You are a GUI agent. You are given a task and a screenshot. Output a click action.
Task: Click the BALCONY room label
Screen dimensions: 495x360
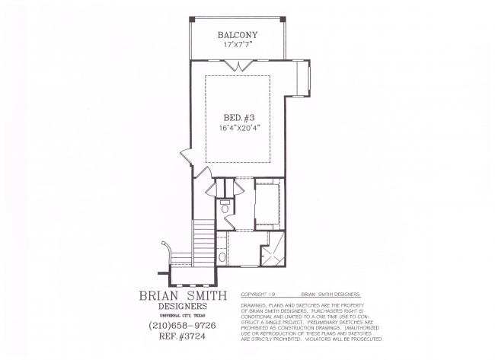point(238,35)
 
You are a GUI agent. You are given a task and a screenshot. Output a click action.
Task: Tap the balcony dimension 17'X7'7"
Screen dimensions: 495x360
point(238,44)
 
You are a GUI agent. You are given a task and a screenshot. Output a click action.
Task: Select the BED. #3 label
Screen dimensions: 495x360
point(239,118)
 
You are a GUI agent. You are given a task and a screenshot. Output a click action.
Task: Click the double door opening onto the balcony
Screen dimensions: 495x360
point(238,65)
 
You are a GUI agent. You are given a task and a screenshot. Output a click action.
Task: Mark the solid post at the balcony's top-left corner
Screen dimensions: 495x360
point(192,19)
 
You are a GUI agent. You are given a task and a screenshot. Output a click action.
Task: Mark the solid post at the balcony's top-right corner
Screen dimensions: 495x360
point(283,19)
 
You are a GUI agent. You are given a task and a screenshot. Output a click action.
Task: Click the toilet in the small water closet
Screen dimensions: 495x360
point(225,207)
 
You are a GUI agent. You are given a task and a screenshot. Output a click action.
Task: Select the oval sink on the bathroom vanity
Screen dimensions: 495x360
point(222,256)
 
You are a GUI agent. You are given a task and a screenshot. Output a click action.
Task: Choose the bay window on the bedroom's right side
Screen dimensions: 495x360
point(303,78)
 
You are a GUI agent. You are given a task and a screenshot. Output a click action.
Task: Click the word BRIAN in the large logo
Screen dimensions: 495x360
point(159,295)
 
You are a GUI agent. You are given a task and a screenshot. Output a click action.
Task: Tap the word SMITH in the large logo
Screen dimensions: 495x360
point(207,295)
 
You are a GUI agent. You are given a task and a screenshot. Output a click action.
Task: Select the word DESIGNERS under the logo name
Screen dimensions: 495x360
point(183,306)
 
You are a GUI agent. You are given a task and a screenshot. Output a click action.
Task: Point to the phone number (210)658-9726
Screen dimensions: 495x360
point(182,325)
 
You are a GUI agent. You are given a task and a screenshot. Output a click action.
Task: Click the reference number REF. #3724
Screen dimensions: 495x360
point(182,336)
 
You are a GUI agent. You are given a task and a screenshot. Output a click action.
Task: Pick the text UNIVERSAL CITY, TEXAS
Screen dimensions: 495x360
point(183,316)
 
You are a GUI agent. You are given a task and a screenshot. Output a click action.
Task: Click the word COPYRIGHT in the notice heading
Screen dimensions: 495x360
point(254,294)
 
